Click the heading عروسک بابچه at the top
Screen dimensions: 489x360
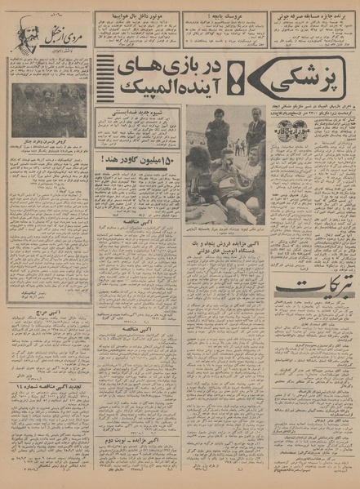[213, 14]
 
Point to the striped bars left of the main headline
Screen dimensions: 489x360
[104, 82]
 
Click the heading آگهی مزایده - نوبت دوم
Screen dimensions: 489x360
[132, 438]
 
